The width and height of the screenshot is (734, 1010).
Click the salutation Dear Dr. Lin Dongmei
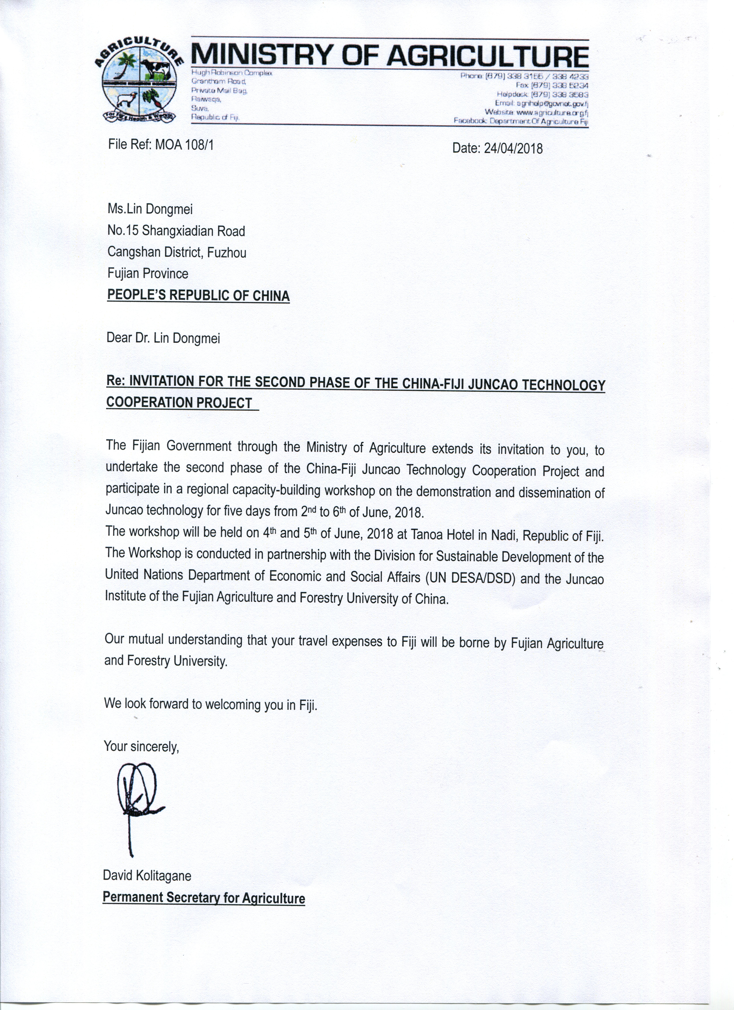coord(163,338)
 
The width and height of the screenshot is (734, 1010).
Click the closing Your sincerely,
coord(141,746)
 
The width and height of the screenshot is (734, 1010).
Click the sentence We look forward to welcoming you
coord(210,704)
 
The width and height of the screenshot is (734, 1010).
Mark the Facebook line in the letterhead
coord(521,121)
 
